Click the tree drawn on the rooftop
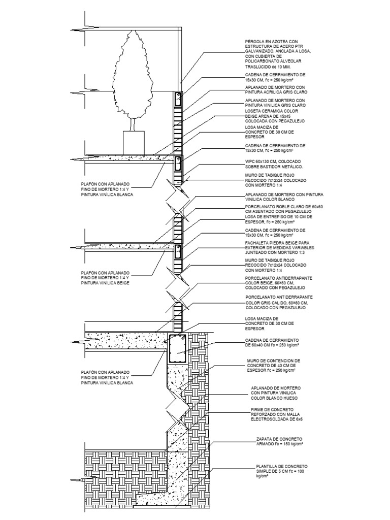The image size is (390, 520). click(x=135, y=76)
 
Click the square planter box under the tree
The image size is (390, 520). click(x=135, y=142)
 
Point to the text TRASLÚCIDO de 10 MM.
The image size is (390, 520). click(x=267, y=67)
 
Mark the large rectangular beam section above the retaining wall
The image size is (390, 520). click(x=178, y=348)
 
